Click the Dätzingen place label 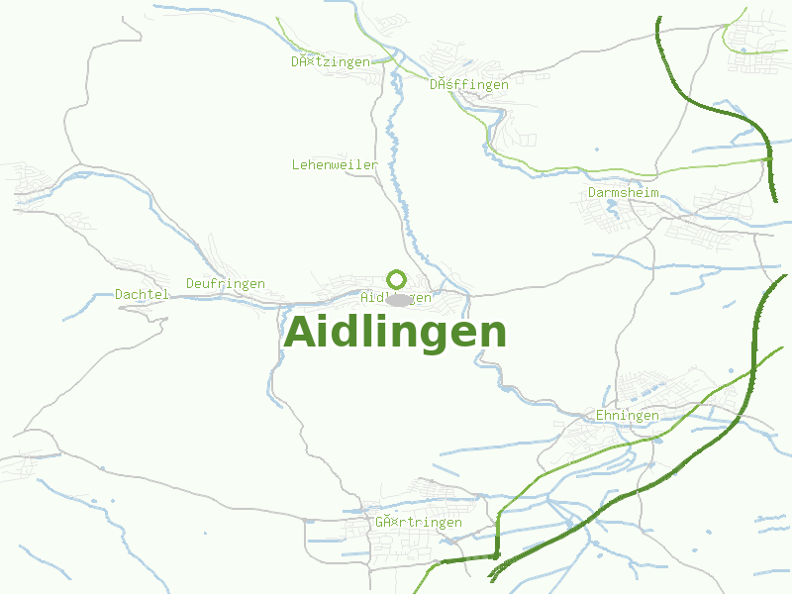click(x=331, y=61)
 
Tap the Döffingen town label click(x=469, y=84)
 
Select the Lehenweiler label click(x=335, y=163)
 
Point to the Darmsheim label click(x=624, y=192)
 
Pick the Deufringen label click(x=226, y=283)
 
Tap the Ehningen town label click(x=627, y=415)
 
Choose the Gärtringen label click(x=419, y=522)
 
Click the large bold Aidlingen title click(x=395, y=333)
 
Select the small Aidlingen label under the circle click(x=396, y=297)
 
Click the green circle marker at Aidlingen click(x=396, y=278)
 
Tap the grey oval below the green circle click(x=398, y=300)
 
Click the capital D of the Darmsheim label click(x=593, y=192)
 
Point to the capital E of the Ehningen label click(x=600, y=415)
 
